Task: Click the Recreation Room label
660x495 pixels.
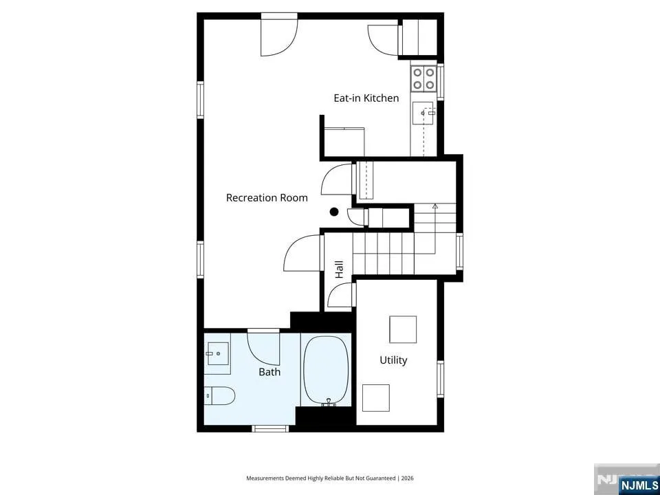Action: [267, 198]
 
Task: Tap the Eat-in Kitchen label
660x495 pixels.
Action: [366, 98]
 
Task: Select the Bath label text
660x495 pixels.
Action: [269, 372]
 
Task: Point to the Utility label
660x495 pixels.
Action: [393, 360]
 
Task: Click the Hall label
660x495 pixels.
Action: [339, 269]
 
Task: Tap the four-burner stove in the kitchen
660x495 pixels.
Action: [423, 79]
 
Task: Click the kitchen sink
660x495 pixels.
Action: [423, 113]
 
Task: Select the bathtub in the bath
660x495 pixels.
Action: [326, 371]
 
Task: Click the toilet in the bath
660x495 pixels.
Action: [219, 395]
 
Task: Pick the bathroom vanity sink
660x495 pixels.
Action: [217, 353]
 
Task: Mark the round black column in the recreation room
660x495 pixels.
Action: [334, 212]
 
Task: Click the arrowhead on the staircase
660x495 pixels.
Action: [434, 206]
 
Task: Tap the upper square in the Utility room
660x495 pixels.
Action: [403, 329]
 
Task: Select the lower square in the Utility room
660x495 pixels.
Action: [376, 398]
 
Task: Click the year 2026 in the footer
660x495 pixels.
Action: [408, 478]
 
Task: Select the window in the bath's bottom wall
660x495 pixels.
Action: [270, 428]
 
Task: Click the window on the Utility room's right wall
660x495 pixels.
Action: [440, 379]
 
